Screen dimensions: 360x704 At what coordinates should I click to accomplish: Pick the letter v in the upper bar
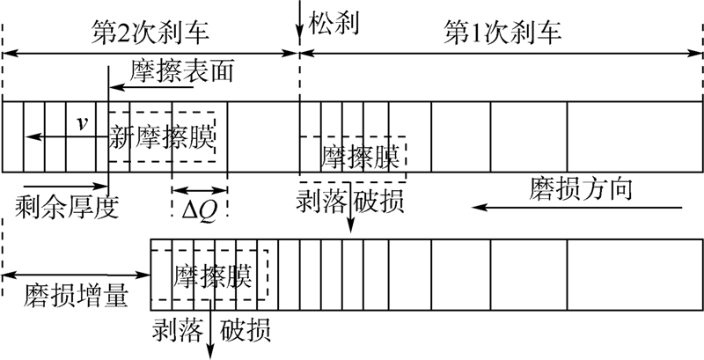82,124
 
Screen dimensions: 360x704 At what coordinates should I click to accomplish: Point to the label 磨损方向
582,189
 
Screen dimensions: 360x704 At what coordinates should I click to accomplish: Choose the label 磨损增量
67,298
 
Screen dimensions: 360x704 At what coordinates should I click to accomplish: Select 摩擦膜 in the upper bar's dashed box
361,158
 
